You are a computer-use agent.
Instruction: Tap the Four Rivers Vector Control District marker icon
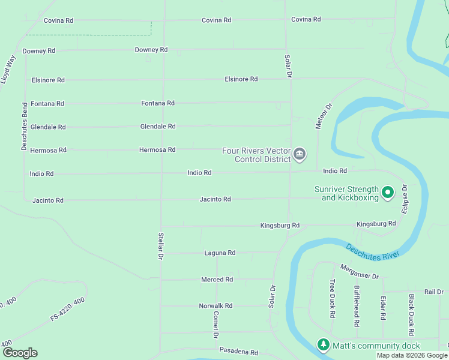tap(299, 155)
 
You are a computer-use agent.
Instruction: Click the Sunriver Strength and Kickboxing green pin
tap(388, 193)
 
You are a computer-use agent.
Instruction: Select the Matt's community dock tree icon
tap(324, 345)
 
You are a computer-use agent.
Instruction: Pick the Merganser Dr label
tap(360, 272)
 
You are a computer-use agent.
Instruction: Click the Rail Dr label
tap(433, 292)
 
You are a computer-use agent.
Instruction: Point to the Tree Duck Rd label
tap(331, 298)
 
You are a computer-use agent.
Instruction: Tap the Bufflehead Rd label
tap(357, 306)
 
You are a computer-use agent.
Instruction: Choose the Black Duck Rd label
tap(411, 315)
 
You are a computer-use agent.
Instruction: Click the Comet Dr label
tap(216, 325)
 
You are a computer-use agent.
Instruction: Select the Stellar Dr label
tap(161, 246)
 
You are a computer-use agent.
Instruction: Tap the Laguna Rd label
tap(220, 253)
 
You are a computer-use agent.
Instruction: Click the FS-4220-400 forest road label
tap(68, 309)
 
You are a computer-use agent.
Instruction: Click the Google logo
tap(20, 353)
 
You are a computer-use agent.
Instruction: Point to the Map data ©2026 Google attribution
tap(411, 355)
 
